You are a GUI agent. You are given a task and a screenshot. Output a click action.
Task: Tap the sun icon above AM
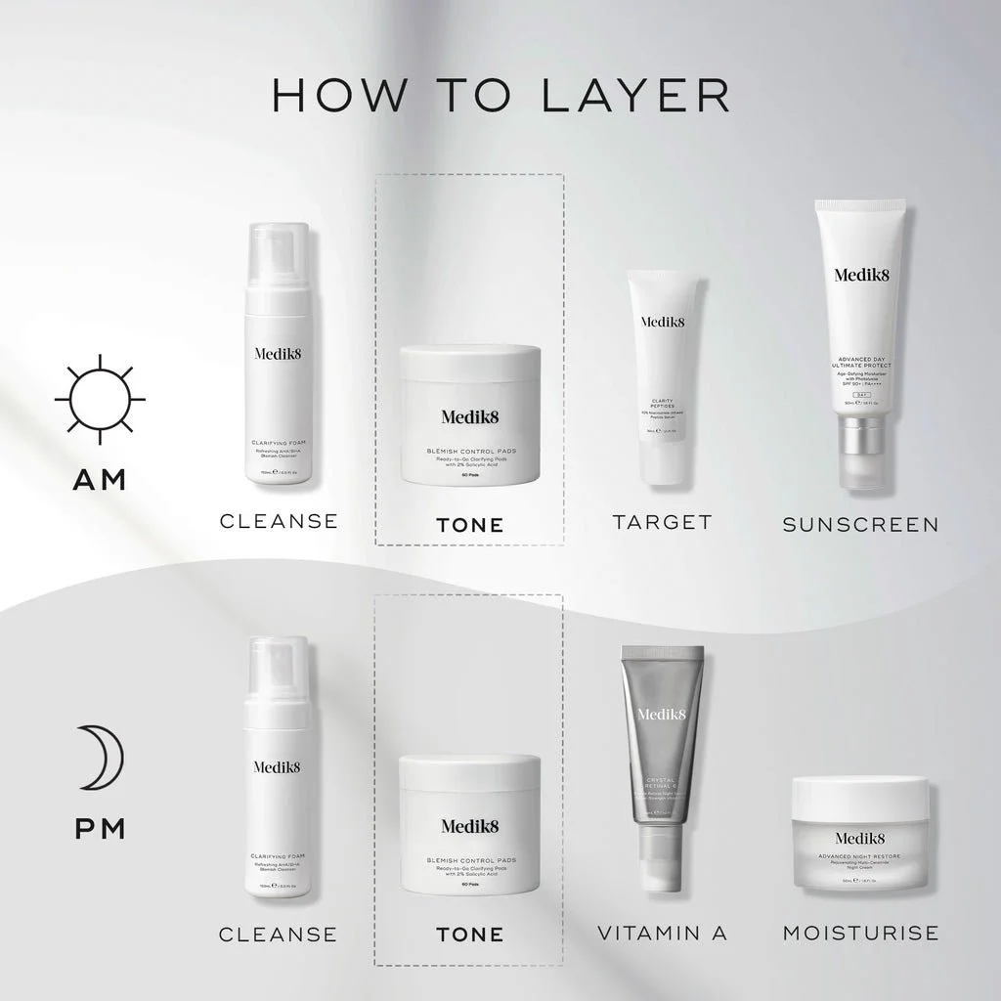(100, 400)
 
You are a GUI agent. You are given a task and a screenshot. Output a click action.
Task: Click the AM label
(100, 480)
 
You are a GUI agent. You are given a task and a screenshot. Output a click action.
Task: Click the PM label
(100, 829)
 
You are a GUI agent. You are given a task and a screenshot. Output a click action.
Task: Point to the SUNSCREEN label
(860, 525)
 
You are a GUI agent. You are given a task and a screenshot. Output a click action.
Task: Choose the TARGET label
(662, 522)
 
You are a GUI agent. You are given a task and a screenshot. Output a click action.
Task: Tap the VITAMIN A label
(662, 933)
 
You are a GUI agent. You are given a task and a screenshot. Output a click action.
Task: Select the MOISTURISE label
(860, 933)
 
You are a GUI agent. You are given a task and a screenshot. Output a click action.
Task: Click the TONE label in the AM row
(469, 525)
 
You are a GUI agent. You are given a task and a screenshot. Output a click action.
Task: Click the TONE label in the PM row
(469, 935)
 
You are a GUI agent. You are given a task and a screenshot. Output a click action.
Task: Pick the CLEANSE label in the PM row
(278, 935)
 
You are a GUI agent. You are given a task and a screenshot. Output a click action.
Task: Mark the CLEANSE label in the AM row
(278, 521)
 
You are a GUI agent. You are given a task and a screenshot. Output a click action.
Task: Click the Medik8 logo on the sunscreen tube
(860, 275)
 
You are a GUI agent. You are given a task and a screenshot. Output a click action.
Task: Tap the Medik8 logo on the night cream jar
(860, 837)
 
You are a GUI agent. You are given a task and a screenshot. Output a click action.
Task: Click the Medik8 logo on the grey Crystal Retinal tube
(662, 715)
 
